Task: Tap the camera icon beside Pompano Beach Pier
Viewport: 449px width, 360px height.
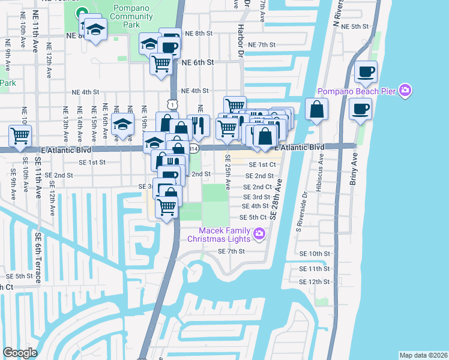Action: [406, 91]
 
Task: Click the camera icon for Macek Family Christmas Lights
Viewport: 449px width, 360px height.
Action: [259, 233]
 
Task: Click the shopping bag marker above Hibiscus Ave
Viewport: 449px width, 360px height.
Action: [316, 110]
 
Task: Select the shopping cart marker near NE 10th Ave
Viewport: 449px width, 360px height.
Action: [20, 136]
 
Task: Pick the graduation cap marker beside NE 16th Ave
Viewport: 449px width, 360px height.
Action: [123, 125]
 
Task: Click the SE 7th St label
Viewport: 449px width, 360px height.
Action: [231, 251]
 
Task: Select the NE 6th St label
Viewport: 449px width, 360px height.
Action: [197, 62]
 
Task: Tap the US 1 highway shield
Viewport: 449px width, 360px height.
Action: [173, 104]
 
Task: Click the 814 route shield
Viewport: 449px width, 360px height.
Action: [193, 148]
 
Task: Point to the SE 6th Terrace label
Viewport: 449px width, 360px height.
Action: [37, 258]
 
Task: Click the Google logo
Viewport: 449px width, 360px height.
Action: [20, 353]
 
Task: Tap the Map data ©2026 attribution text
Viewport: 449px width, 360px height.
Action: [423, 355]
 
